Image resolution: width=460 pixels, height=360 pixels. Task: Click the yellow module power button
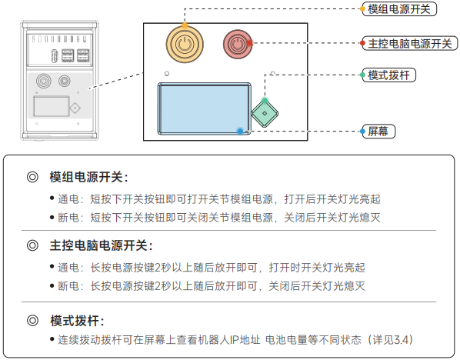click(185, 45)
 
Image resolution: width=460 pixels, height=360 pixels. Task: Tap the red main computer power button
click(238, 45)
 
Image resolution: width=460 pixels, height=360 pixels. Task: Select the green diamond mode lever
click(265, 114)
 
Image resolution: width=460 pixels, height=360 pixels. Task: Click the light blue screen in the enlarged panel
click(204, 109)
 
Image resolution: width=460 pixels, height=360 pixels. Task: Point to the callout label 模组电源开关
click(399, 9)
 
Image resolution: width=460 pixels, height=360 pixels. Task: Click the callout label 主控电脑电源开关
click(410, 43)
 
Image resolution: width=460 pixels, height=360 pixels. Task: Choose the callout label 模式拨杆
click(388, 75)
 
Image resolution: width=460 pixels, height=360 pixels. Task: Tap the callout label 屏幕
click(378, 131)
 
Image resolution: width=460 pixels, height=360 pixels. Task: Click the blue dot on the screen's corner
click(240, 131)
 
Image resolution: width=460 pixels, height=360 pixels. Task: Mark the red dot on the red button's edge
click(250, 43)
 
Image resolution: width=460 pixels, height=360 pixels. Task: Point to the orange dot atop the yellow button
click(185, 25)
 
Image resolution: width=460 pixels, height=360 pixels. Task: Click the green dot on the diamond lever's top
click(265, 101)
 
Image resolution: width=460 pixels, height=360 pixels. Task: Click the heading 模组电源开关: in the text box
click(89, 177)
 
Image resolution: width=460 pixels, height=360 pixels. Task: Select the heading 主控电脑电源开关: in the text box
click(102, 245)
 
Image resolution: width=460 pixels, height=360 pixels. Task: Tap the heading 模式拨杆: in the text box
click(77, 321)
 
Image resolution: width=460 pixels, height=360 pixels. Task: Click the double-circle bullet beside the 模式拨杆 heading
click(32, 321)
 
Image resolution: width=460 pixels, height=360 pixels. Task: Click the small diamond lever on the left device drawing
click(75, 108)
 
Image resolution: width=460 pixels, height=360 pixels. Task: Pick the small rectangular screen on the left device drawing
click(52, 106)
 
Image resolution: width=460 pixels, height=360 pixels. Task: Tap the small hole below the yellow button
click(167, 73)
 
